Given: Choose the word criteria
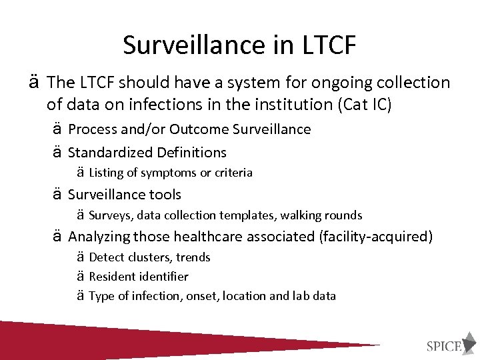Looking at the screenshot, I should (233, 173).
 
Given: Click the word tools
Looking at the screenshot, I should (165, 195).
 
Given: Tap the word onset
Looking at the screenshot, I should (203, 295).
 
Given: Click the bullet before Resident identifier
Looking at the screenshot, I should (79, 276).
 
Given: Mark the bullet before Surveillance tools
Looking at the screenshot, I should (58, 195).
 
